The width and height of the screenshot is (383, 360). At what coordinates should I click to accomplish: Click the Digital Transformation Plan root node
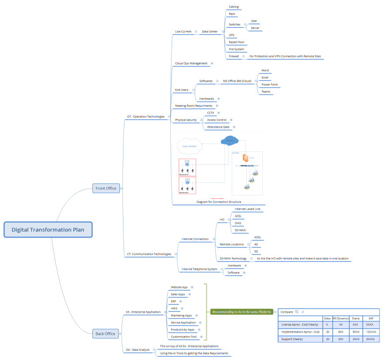click(x=48, y=230)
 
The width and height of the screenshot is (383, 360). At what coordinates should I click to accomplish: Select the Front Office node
click(x=106, y=188)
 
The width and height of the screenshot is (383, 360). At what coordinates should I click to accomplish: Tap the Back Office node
click(x=105, y=333)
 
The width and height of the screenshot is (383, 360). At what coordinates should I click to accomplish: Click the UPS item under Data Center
click(x=232, y=35)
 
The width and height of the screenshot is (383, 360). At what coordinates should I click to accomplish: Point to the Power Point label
click(x=269, y=84)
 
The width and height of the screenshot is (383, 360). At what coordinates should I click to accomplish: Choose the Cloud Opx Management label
click(x=191, y=63)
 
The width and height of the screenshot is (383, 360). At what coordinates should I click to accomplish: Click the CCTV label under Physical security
click(x=211, y=113)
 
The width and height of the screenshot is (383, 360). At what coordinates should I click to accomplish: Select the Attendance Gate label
click(x=218, y=127)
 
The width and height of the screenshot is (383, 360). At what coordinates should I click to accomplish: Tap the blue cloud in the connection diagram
click(x=230, y=141)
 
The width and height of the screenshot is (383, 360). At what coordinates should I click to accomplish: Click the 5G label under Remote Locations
click(x=256, y=251)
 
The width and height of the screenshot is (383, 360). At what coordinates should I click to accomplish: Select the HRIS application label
click(x=174, y=308)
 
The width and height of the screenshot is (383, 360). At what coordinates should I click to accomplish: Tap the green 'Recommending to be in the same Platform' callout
click(x=241, y=312)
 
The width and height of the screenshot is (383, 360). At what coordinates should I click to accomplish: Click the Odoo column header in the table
click(x=327, y=318)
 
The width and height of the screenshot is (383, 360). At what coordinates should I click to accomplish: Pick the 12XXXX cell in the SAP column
click(x=371, y=331)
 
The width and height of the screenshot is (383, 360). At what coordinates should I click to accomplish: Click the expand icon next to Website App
click(x=192, y=287)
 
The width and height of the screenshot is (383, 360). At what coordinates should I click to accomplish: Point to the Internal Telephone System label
click(x=199, y=269)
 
